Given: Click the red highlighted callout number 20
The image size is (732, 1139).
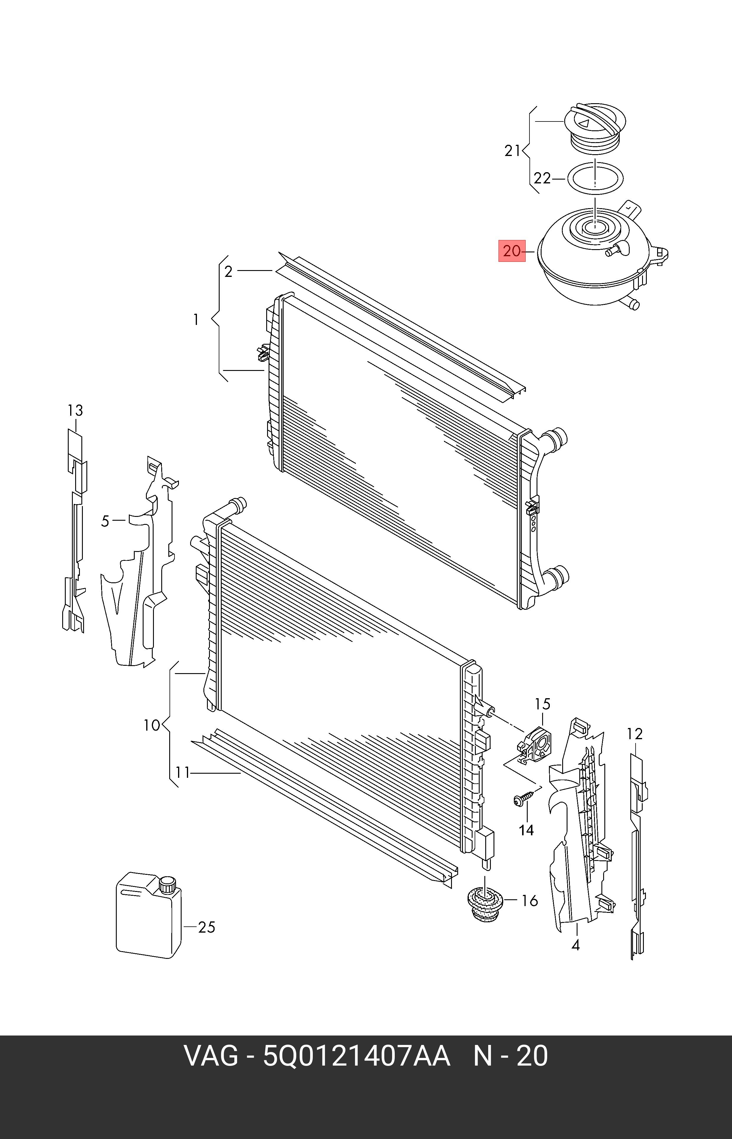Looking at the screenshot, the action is click(512, 251).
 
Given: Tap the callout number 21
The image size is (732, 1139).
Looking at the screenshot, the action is click(512, 151).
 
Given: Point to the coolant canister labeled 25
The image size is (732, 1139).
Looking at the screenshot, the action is click(149, 915).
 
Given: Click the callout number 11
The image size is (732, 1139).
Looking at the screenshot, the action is click(182, 773).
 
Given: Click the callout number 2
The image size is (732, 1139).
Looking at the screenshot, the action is click(229, 272).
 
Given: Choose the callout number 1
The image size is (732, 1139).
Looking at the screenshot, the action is click(196, 320).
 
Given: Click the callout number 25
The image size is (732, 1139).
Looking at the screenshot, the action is click(206, 927).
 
